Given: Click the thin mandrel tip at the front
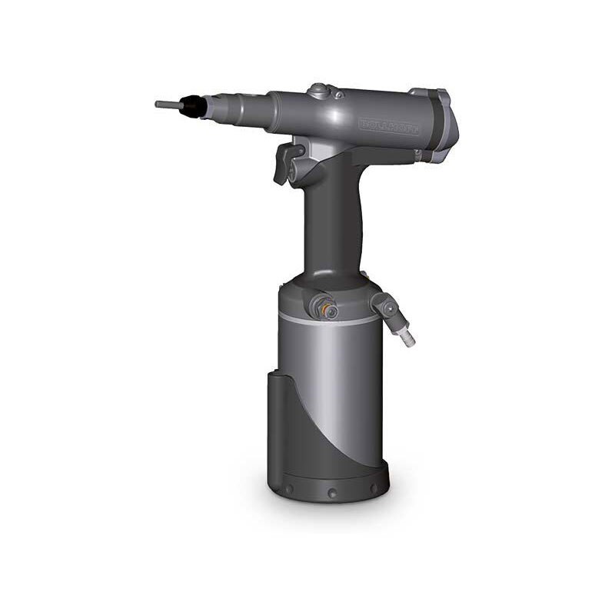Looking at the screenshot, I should [x=165, y=104].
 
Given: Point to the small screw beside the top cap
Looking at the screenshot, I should [x=337, y=95].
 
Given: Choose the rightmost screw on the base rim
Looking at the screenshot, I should [x=374, y=487].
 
